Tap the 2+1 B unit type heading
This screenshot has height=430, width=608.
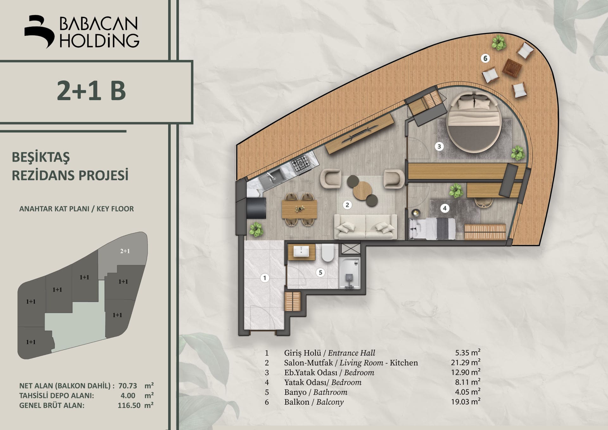(92, 91)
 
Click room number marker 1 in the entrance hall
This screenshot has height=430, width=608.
(265, 278)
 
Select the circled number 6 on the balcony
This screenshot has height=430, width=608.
(485, 58)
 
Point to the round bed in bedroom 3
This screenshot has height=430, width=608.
(474, 122)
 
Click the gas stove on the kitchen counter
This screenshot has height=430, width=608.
(301, 164)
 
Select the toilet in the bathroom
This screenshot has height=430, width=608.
(328, 253)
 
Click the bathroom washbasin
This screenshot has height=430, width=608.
(301, 252)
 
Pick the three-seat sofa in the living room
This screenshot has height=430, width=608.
(366, 226)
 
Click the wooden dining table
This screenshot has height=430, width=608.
(299, 209)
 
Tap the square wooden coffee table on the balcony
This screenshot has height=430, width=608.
(512, 68)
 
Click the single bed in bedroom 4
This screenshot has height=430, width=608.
(433, 228)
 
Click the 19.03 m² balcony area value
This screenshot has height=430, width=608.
(465, 401)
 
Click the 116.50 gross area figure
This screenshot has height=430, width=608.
(129, 405)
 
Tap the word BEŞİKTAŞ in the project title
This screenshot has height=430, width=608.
(41, 157)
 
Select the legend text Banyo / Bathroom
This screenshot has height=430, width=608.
(316, 392)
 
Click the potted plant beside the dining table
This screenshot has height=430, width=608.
(256, 229)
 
